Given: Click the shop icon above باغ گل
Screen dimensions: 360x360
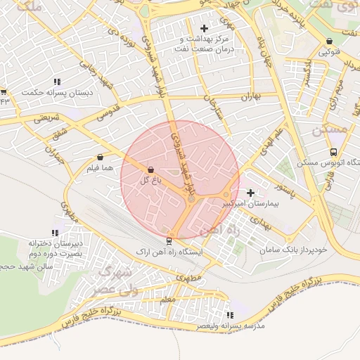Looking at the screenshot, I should [150, 170].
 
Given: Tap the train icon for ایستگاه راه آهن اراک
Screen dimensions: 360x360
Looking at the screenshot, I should [170, 239].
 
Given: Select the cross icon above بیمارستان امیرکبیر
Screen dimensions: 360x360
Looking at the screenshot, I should [250, 192].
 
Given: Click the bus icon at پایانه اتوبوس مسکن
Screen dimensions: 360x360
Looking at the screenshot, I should [333, 151].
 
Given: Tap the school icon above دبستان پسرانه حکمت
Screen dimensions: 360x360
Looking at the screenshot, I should [57, 82].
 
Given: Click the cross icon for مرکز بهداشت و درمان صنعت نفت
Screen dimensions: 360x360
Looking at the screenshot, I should [205, 28].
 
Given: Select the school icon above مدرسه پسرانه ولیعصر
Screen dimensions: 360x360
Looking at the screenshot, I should [229, 315].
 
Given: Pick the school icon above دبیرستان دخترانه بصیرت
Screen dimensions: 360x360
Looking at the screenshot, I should [55, 233].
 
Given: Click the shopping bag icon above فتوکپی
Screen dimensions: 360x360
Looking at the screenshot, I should [330, 41].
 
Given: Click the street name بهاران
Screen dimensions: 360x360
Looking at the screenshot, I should [249, 96].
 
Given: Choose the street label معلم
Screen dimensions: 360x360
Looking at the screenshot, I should [167, 300].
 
